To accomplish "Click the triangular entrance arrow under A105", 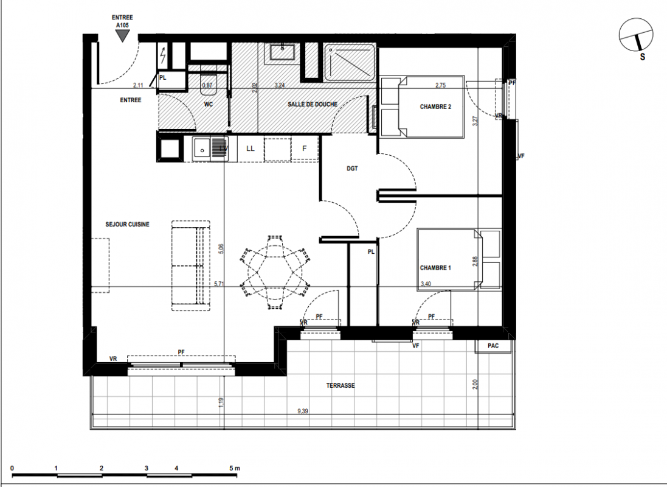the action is click(x=123, y=37).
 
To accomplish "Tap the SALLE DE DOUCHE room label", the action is click(x=313, y=104).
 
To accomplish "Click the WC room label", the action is click(x=209, y=104).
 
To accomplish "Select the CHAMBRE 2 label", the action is click(x=435, y=107).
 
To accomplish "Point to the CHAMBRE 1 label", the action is click(x=435, y=268).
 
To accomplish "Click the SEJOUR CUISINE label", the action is click(x=127, y=224).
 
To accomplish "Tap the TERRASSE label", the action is click(x=340, y=385).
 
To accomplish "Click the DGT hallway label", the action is click(x=352, y=168).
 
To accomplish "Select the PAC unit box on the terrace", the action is click(x=493, y=346).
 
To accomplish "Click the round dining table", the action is click(x=275, y=273).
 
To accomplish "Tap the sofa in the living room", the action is click(x=191, y=266).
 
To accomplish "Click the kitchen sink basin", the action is click(x=202, y=149).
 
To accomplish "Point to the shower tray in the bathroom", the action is click(x=349, y=63).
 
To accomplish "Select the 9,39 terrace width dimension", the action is click(x=303, y=411).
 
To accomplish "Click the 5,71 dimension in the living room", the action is click(x=219, y=284).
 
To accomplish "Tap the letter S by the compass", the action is click(x=642, y=56).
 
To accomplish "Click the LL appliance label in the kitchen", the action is click(x=250, y=149).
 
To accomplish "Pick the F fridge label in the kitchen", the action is click(x=304, y=149).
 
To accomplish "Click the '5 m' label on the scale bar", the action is click(x=234, y=468).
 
